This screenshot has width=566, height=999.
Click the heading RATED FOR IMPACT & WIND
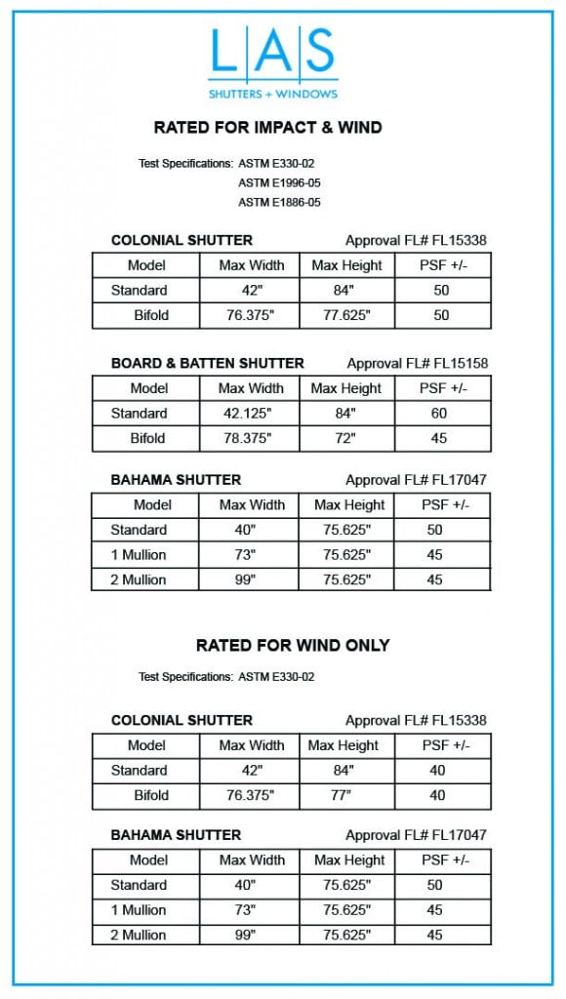click(267, 127)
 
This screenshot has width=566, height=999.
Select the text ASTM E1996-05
click(279, 182)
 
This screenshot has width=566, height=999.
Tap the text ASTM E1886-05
click(279, 202)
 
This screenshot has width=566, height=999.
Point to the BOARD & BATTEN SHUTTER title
click(207, 363)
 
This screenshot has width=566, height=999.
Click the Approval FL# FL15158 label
click(417, 363)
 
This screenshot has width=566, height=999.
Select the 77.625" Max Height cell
click(346, 315)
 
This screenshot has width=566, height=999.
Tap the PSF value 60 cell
click(439, 414)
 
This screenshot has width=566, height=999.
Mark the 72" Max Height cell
click(346, 438)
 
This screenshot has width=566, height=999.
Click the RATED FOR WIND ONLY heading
click(293, 645)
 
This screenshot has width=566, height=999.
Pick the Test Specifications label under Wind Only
click(185, 676)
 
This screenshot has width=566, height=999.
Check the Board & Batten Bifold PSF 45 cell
click(439, 438)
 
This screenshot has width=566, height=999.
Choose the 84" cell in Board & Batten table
click(346, 414)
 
